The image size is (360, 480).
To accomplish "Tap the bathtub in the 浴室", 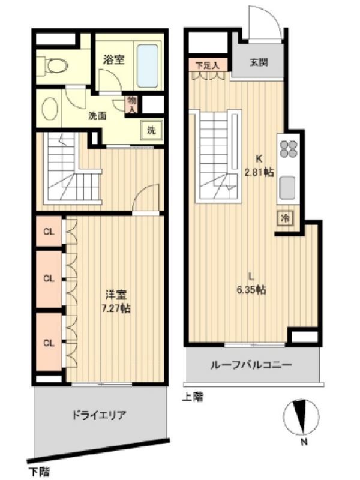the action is (148, 66).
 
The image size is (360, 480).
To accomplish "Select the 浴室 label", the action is (114, 59).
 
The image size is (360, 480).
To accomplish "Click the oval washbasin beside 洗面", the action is (50, 109).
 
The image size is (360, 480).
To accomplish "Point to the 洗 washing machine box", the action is (152, 130).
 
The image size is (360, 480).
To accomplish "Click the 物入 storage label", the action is (132, 104).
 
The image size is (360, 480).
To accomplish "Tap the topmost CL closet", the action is (49, 232).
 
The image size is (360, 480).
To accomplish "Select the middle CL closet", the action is (49, 279).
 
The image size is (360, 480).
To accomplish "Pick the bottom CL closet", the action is (49, 343).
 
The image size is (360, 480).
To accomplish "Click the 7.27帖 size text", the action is (116, 308).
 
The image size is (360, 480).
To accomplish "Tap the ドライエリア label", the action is (99, 415).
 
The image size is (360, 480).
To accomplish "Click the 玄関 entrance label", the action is (259, 62).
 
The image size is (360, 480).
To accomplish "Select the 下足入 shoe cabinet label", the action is (208, 65).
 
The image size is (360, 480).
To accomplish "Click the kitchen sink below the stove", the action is (288, 188).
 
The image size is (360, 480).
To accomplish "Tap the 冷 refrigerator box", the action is (286, 218).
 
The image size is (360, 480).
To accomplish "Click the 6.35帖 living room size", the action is (251, 289).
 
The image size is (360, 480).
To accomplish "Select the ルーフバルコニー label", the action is (251, 365).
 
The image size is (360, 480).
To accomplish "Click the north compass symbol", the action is (301, 417).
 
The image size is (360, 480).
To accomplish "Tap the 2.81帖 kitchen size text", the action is (259, 172).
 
